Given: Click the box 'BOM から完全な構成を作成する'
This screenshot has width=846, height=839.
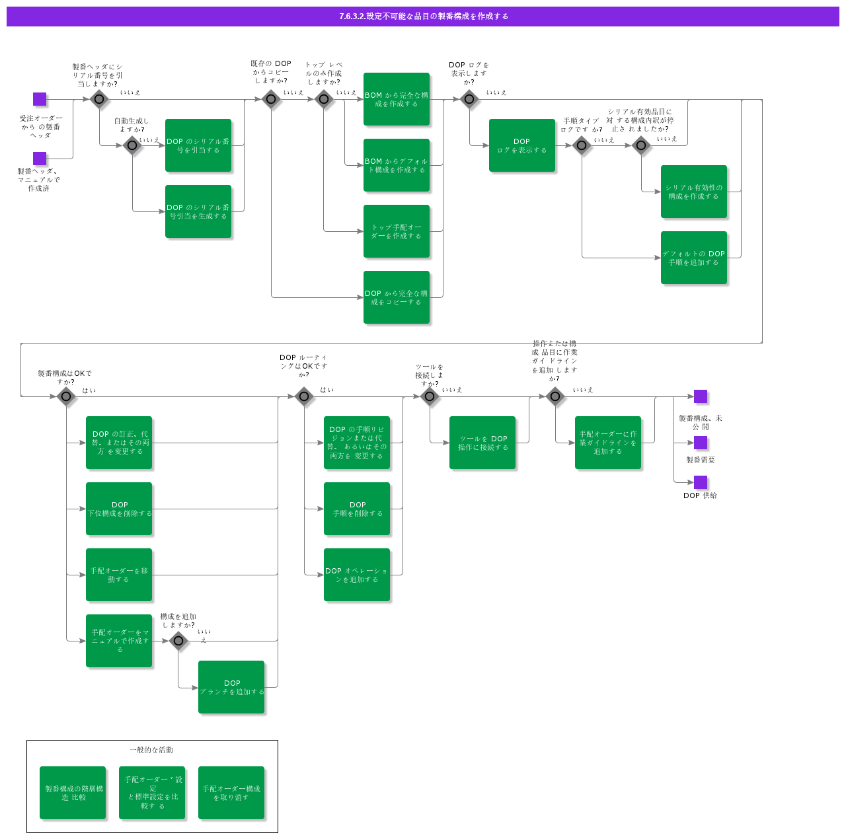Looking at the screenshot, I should pos(397,99).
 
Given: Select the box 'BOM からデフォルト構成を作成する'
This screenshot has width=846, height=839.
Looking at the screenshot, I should pos(397,165).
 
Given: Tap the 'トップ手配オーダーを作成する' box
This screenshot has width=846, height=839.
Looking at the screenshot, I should pos(397,231).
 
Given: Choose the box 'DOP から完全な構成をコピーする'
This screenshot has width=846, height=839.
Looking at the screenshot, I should pos(397,297).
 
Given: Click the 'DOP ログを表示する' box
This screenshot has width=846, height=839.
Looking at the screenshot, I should pos(522,145).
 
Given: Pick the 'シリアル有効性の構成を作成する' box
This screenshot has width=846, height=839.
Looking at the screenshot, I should pos(694,192).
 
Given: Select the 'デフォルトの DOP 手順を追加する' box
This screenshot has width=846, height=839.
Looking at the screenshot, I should pos(694,258).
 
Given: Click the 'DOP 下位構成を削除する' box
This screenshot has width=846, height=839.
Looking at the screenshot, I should pos(119,509).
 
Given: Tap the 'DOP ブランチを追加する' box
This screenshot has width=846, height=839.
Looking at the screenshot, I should pos(231,687).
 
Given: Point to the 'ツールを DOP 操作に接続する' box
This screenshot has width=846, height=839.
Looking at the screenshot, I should pos(482,443).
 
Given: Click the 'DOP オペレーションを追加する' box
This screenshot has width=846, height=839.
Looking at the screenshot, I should pos(357,575).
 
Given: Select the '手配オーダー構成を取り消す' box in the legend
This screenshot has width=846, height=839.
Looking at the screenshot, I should pos(231,793).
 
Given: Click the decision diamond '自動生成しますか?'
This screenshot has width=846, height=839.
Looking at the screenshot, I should pos(132,145).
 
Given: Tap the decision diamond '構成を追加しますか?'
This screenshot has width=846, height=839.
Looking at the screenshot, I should pos(178,641).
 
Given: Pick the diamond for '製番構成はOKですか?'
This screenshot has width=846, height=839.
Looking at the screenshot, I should pos(66,396).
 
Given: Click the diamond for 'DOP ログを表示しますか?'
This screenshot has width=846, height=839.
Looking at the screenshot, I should pos(469,99).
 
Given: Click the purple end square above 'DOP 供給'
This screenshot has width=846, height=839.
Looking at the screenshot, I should pos(701,482).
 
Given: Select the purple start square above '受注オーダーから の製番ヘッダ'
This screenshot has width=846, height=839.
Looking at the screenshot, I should pos(40,99).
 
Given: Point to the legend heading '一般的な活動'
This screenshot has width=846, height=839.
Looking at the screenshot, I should pos(151,750).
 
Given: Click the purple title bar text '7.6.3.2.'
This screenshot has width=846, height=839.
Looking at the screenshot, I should pos(352,17).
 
